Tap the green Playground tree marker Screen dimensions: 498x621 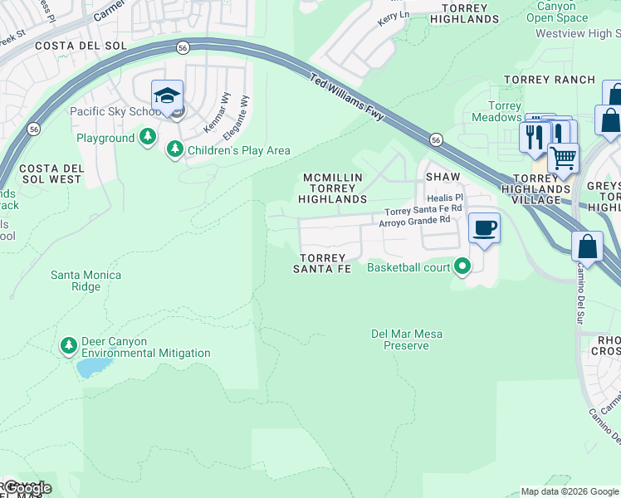click(148, 137)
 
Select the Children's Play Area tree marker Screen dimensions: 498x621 click(174, 149)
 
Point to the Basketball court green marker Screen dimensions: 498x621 click(462, 266)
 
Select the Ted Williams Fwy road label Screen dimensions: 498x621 click(347, 97)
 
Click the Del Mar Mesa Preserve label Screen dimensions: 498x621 click(407, 339)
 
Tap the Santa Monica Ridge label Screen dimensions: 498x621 click(86, 281)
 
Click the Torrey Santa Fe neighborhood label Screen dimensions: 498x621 click(322, 263)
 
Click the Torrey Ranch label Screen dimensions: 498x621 click(550, 80)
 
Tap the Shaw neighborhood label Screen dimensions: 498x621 click(443, 178)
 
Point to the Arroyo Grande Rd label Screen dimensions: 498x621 click(414, 221)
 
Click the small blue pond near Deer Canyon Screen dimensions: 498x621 click(94, 366)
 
